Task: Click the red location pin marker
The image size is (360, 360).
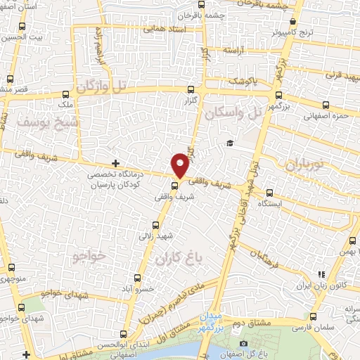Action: point(181,165)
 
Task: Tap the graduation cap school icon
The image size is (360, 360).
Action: point(229,144)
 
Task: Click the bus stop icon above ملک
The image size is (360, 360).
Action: point(66,94)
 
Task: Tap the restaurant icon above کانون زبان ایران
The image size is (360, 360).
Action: point(321,274)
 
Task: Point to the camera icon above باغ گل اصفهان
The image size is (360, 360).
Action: point(243,343)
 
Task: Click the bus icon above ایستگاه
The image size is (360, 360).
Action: point(270,192)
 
